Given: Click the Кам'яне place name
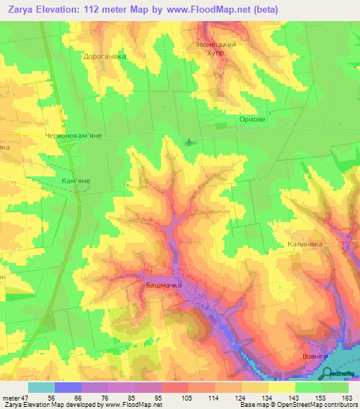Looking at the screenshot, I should (x=76, y=181).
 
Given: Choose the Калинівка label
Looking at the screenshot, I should (x=305, y=244).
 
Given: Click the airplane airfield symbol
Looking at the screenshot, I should (x=188, y=142).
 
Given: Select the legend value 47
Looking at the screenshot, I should (x=27, y=398).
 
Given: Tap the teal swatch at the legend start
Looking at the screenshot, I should (x=41, y=387).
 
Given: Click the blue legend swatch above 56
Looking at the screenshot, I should (x=67, y=387).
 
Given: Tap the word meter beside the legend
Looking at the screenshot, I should (x=12, y=398).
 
